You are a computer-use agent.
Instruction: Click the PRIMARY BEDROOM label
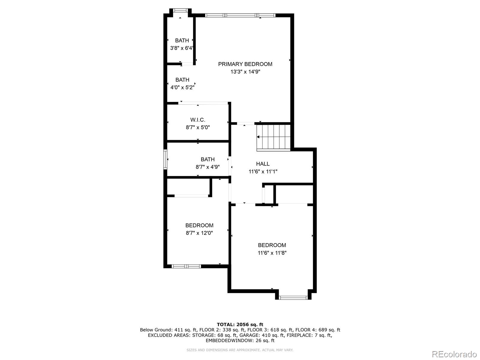(x=245, y=64)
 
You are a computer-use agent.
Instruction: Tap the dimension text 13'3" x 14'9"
(x=245, y=72)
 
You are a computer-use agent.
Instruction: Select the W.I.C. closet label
(x=198, y=120)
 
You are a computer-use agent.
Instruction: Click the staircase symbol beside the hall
(x=273, y=137)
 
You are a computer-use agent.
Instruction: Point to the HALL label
(x=263, y=164)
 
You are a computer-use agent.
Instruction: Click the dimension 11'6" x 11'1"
(x=263, y=172)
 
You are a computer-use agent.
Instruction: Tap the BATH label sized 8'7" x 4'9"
(x=208, y=159)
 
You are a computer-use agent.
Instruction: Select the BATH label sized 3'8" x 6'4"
(x=182, y=40)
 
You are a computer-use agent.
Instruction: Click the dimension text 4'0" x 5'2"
(x=182, y=88)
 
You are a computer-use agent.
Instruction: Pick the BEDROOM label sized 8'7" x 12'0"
(x=199, y=225)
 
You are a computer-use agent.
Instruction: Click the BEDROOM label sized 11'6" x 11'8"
(x=272, y=245)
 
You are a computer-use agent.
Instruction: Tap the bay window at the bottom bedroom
(x=293, y=298)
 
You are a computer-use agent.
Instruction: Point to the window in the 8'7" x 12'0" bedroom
(x=186, y=266)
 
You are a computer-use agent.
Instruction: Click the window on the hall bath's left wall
(x=165, y=159)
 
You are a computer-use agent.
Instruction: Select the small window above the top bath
(x=180, y=10)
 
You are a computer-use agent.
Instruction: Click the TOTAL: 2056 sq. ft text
(x=240, y=324)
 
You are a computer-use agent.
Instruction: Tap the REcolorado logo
(x=454, y=354)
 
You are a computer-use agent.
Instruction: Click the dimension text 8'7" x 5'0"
(x=198, y=127)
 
